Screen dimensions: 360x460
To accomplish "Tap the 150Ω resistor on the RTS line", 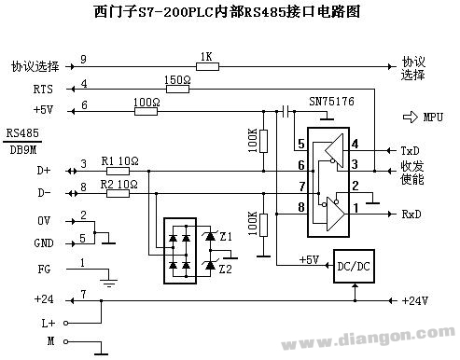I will pos(177,90).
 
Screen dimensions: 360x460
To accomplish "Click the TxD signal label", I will pos(411,150).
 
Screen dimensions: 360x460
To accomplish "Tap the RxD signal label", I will pos(411,214).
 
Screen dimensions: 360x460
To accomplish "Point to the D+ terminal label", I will pos(44,170).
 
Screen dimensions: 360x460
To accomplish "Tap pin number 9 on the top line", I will pos(84,60).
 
